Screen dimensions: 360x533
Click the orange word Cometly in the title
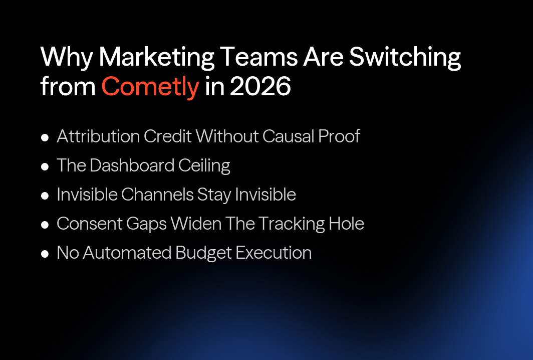(150, 86)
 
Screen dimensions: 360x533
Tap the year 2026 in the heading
(260, 86)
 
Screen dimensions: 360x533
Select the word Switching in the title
(405, 57)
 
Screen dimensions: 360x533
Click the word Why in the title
(66, 57)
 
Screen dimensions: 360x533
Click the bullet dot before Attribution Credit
(45, 137)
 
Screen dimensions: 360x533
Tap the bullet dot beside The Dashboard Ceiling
(45, 166)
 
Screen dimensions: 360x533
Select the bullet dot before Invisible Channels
(45, 195)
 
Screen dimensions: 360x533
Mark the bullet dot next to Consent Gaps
(45, 224)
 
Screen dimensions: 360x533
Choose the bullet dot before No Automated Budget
(45, 253)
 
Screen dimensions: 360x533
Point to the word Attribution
(98, 136)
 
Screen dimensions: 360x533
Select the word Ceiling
(205, 165)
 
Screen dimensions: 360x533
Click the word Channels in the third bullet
(152, 195)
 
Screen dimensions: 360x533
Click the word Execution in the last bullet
(274, 253)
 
